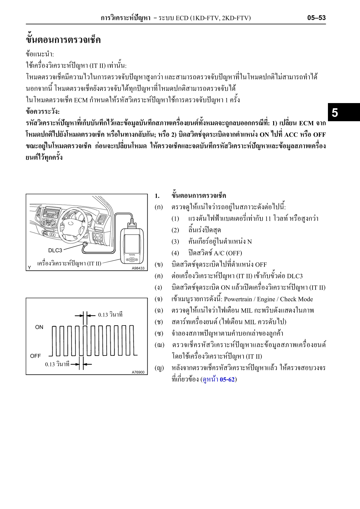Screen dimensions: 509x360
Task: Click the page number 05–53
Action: (316, 18)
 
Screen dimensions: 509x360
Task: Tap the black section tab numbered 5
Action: (335, 112)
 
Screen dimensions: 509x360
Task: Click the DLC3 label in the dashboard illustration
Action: (55, 250)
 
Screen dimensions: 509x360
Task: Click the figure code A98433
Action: (138, 268)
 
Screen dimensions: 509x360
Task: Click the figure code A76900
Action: (138, 372)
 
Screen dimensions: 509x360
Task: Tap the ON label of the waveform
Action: (39, 327)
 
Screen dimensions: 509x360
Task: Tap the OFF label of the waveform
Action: (35, 356)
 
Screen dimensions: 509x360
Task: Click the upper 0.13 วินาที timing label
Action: (110, 315)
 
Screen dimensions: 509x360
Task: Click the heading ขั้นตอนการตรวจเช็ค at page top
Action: (63, 40)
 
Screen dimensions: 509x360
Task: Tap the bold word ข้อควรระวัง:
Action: (43, 112)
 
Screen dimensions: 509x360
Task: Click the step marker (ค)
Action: (159, 276)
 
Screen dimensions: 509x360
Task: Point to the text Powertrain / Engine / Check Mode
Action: (268, 299)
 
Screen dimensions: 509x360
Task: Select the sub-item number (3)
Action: (175, 242)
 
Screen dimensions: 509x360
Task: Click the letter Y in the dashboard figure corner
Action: (29, 267)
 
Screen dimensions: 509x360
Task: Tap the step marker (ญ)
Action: (159, 368)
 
